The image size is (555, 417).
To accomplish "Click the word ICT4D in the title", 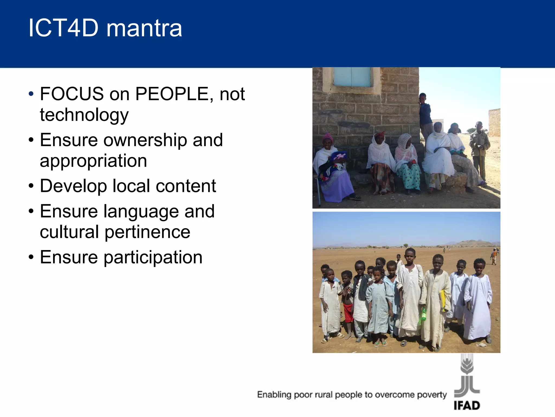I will [63, 28].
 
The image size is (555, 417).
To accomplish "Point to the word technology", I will [84, 115].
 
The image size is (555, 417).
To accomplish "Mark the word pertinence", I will [147, 232].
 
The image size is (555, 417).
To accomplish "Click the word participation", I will [153, 258].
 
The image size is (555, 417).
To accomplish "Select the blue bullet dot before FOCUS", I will [31, 94].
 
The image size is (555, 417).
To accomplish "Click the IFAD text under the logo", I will [467, 406].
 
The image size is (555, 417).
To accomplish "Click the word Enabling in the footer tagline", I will [274, 394].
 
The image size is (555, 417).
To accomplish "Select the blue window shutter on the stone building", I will [352, 77].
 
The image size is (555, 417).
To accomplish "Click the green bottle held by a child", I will [423, 314].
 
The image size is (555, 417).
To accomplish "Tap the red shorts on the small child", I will [348, 313].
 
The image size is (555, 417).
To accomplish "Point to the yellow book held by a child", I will [442, 300].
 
